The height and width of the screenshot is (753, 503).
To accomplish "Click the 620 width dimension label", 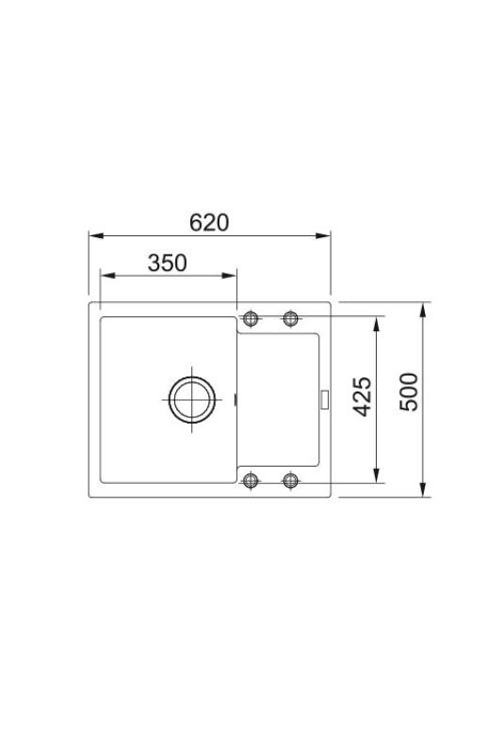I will coord(209,223).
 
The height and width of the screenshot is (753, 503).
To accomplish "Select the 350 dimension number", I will coord(167,264).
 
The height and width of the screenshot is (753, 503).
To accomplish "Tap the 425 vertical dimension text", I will coord(364,397).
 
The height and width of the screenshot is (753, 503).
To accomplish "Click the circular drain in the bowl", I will coord(192,400).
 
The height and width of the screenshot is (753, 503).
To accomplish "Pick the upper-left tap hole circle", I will coord(251,316).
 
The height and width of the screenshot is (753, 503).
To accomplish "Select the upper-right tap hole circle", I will coord(290,316).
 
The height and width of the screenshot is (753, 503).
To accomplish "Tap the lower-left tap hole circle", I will coord(251,481).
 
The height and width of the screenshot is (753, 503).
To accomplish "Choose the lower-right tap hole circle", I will coord(290,481).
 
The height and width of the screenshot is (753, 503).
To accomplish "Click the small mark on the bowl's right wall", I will coord(235,401).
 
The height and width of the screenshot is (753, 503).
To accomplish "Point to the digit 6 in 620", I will coord(196,223).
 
